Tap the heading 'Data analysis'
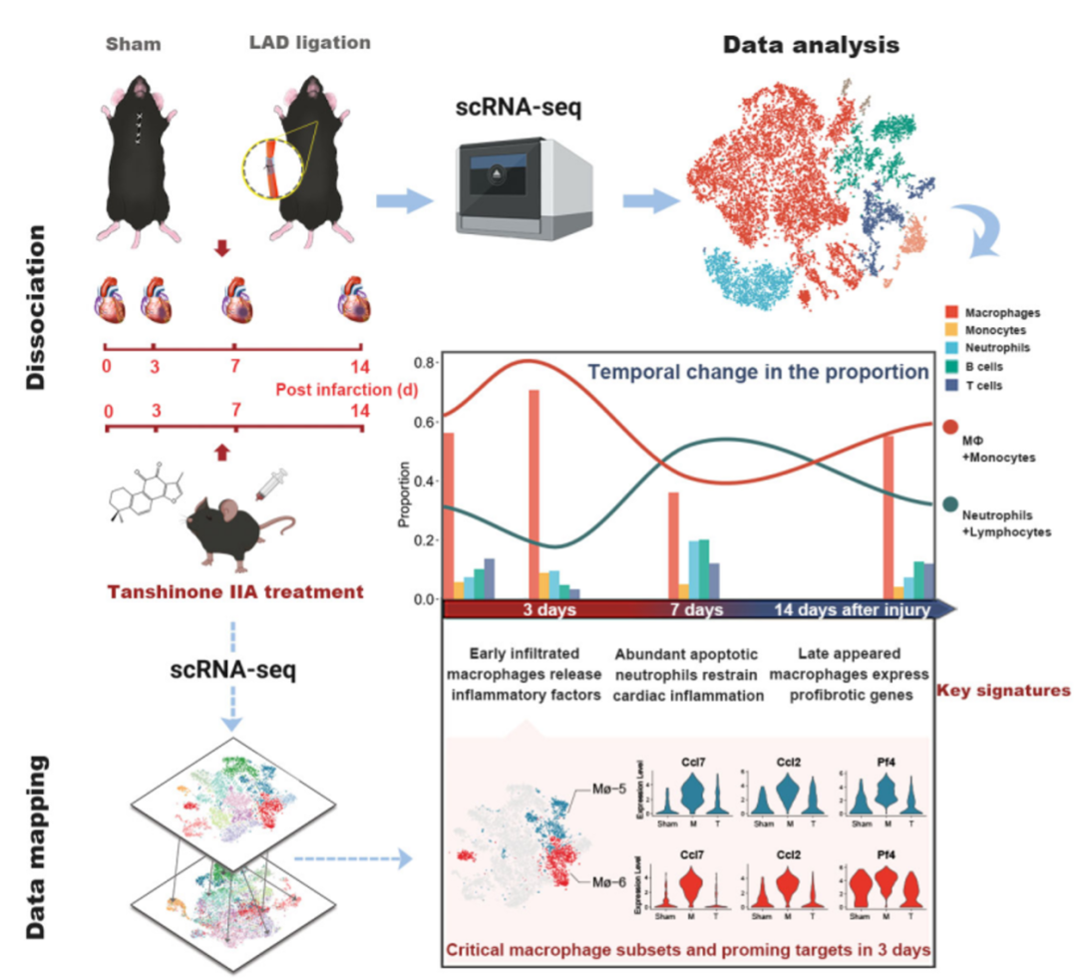[x=811, y=45]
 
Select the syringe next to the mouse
[x=270, y=486]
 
